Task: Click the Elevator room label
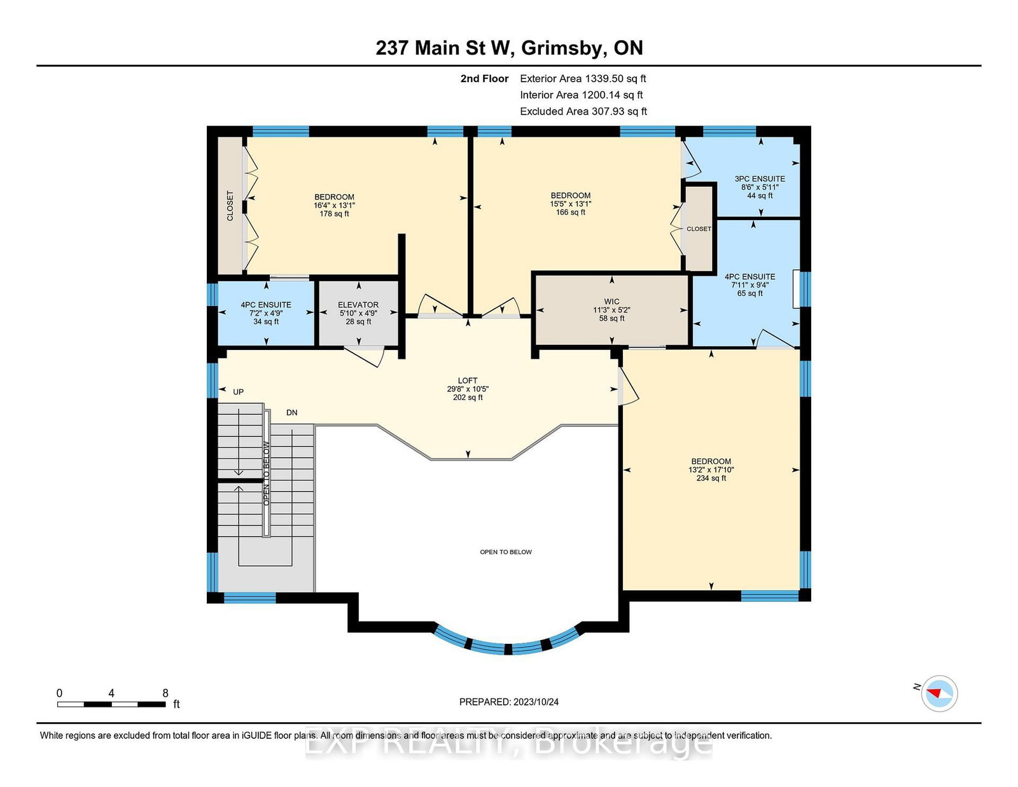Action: point(358,305)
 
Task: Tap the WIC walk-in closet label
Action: point(611,302)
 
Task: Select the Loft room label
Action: point(468,380)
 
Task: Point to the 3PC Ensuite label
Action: point(760,179)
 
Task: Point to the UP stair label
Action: point(238,392)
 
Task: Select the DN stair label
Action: point(292,413)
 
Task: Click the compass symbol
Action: point(939,693)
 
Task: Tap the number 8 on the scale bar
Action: point(165,693)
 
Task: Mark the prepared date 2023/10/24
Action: point(536,702)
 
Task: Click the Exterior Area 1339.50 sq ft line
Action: point(583,79)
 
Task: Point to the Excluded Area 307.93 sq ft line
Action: point(583,111)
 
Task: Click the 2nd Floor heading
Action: point(484,79)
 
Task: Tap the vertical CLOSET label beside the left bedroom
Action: point(230,205)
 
